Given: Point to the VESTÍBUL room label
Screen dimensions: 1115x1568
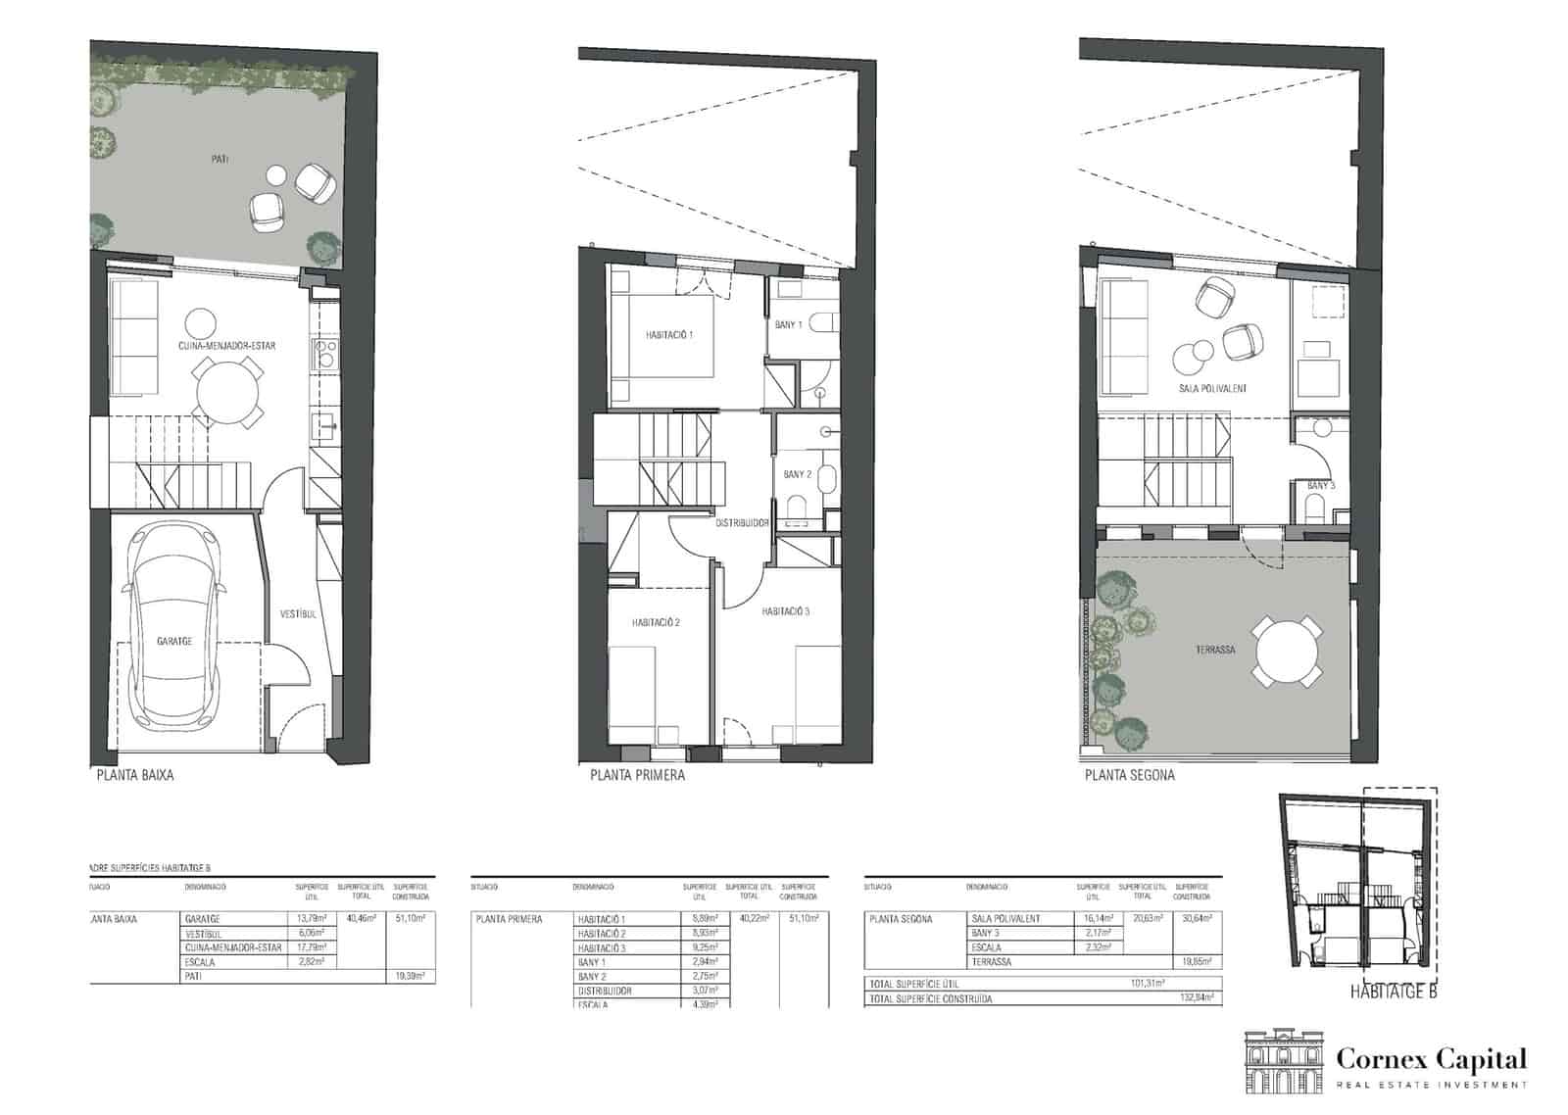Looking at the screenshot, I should coord(297,614).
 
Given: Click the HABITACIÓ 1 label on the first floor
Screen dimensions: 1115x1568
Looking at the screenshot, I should coord(669,335).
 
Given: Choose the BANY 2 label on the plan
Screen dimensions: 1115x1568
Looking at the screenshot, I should coord(798,475).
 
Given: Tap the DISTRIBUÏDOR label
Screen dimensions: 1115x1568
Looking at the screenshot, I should coord(741,523).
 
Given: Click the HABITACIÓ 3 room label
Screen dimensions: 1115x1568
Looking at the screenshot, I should coord(786,611).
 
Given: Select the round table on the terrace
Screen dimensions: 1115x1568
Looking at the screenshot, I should coord(1286,651).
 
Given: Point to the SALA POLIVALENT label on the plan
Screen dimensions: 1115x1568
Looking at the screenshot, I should coord(1213,389).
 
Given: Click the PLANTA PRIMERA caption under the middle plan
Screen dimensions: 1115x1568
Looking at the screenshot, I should coord(637,775).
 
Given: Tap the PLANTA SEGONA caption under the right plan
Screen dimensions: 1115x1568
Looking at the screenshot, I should coord(1129,775).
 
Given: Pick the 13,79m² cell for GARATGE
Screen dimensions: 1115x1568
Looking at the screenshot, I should coord(311,919).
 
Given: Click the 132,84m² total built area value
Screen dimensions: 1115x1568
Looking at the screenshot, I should coord(1197,998).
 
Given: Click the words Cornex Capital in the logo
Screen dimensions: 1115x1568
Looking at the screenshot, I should coord(1432,1059).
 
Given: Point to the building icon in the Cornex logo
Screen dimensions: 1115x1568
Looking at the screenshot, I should coord(1282,1061).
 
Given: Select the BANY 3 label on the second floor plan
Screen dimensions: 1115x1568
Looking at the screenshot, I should coord(1320,486).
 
